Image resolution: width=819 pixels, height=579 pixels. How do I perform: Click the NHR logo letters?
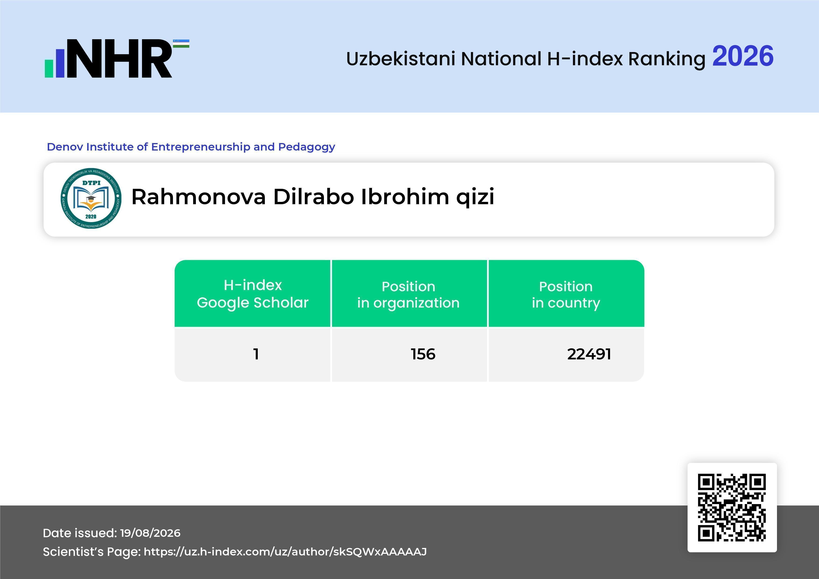[119, 59]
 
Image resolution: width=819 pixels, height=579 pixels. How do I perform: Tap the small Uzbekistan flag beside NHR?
[181, 43]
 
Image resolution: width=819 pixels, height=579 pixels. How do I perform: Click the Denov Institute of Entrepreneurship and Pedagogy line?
[191, 147]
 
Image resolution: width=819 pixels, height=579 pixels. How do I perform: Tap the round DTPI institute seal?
[91, 198]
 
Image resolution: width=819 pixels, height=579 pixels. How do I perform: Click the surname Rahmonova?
[199, 197]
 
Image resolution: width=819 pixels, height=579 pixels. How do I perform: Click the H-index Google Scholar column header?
[253, 294]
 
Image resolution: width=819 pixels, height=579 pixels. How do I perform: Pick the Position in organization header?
[408, 295]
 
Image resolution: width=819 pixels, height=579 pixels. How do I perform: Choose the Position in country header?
[566, 295]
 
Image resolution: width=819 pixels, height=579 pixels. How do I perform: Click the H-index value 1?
[256, 354]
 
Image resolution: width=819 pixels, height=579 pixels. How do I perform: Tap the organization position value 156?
[423, 354]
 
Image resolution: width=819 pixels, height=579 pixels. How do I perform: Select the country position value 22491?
[589, 354]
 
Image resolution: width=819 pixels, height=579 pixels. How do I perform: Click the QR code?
[732, 507]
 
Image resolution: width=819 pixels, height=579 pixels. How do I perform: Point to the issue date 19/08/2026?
[150, 533]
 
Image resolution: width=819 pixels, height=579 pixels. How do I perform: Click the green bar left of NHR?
[49, 68]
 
